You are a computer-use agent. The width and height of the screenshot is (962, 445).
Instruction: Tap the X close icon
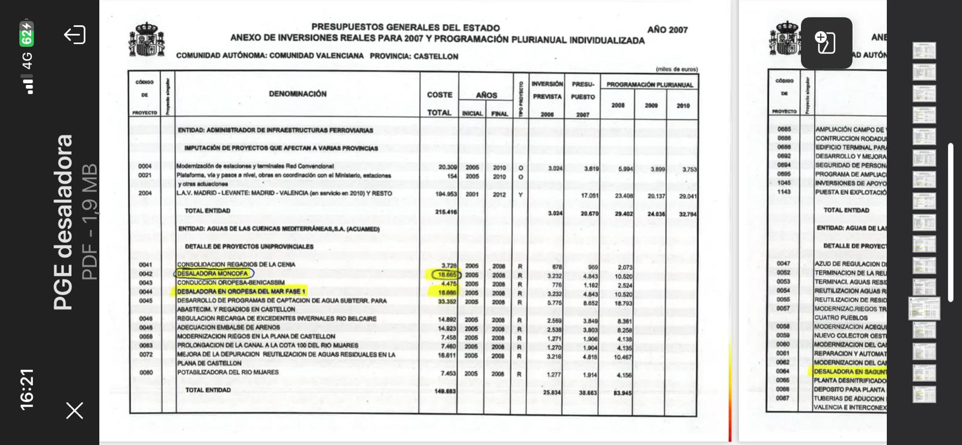(75, 411)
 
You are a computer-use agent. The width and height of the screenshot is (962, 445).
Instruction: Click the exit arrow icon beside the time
(75, 35)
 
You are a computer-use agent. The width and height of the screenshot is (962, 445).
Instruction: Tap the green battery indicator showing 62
(26, 34)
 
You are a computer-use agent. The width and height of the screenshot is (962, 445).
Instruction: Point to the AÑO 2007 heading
(667, 30)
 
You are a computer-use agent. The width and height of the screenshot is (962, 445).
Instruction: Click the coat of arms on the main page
(146, 40)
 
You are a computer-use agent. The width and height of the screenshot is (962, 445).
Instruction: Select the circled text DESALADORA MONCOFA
(213, 274)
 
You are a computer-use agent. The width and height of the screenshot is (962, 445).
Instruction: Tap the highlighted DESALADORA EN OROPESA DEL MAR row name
(240, 291)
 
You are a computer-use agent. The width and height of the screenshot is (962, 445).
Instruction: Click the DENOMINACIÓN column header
(298, 94)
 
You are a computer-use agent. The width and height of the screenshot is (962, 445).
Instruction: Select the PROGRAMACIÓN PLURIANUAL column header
(649, 85)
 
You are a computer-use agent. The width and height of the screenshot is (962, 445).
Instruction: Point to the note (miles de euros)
(676, 69)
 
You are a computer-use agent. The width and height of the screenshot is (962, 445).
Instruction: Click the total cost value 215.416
(446, 212)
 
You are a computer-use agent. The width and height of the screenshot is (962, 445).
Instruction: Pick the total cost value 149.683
(445, 391)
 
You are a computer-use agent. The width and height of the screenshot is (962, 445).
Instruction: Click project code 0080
(146, 373)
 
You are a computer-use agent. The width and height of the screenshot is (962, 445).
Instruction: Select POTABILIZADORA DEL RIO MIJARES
(228, 373)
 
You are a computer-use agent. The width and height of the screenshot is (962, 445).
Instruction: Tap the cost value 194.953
(446, 194)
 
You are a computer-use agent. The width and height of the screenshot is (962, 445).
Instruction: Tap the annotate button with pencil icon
(826, 43)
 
